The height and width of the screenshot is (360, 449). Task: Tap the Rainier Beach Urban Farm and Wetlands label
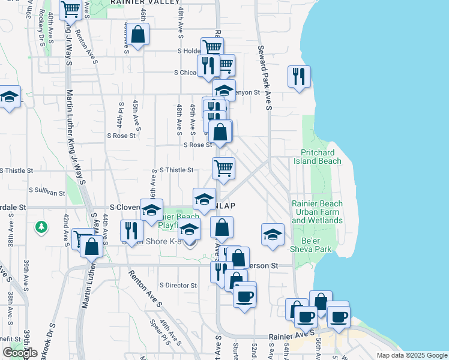(317, 212)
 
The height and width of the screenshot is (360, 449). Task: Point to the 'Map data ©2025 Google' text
(411, 355)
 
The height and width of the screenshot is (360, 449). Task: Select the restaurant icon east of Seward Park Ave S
(298, 76)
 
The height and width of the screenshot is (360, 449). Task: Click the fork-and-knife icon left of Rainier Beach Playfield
(131, 230)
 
